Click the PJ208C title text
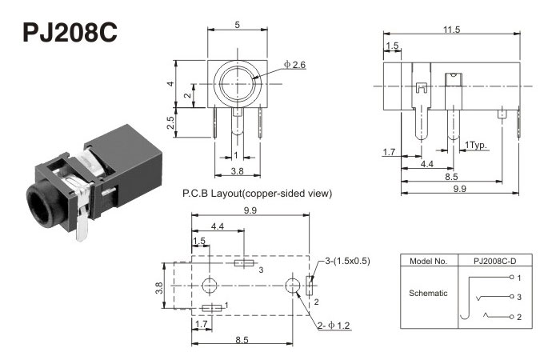coord(70,31)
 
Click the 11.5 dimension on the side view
coord(451,30)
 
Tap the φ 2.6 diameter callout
coord(294,64)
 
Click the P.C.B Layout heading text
coord(257,193)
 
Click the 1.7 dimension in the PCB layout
coord(201,323)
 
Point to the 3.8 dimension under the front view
coord(237,170)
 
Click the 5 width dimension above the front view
coord(237,25)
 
